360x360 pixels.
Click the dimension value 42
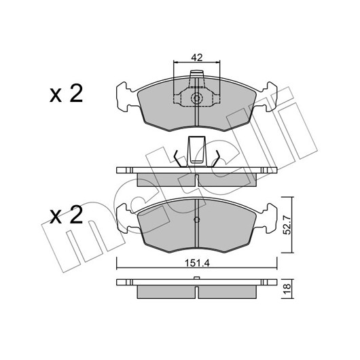click(x=197, y=58)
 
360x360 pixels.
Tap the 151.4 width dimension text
click(x=198, y=263)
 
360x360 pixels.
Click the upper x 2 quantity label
click(x=66, y=94)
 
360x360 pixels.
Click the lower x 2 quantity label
click(x=66, y=215)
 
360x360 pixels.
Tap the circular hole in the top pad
click(x=197, y=98)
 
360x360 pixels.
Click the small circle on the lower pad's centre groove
click(x=197, y=219)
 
